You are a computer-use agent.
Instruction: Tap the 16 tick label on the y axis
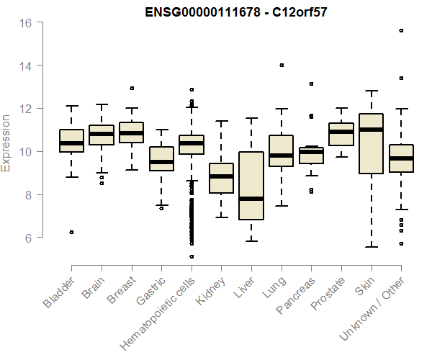tap(25, 22)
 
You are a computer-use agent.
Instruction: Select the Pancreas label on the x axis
tap(294, 295)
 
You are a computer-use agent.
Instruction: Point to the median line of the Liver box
tap(251, 199)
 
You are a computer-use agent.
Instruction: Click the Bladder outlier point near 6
tap(71, 232)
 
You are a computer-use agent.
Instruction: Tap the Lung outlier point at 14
tap(282, 65)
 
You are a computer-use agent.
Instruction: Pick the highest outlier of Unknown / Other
tap(401, 30)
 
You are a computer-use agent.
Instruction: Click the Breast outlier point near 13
tap(132, 88)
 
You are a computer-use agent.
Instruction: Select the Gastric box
tap(161, 158)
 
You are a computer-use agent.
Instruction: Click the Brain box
tap(102, 135)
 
